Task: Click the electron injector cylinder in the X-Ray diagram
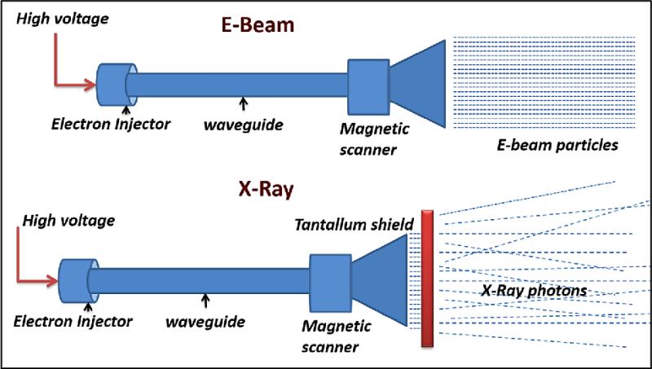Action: click(74, 277)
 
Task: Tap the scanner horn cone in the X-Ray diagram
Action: click(378, 277)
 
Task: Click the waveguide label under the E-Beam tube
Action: click(244, 125)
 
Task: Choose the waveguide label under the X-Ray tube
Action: click(205, 322)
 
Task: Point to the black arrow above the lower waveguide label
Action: click(205, 301)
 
